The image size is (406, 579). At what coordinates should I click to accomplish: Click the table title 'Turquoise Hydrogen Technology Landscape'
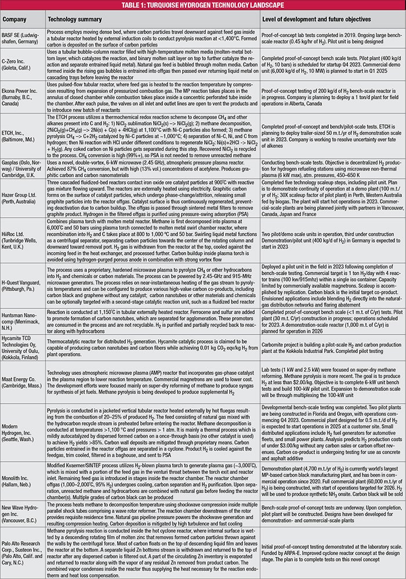point(203,5)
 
